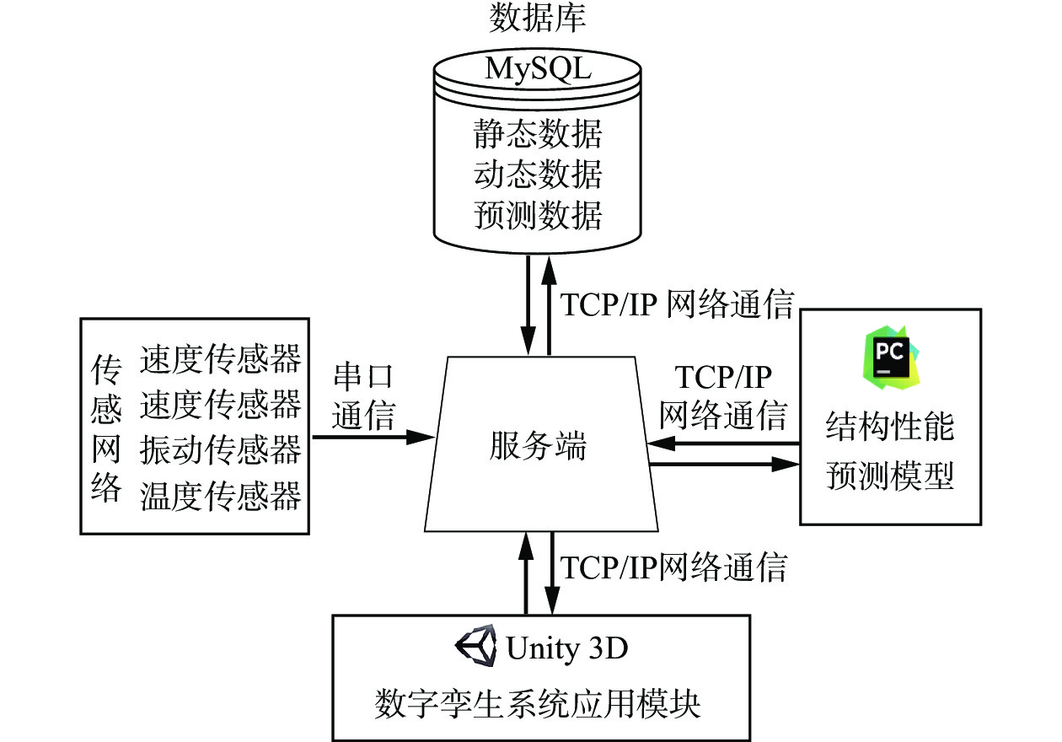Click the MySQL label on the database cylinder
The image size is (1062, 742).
pyautogui.click(x=538, y=69)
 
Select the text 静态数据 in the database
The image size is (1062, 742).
pyautogui.click(x=538, y=135)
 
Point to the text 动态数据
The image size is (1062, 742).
pyautogui.click(x=538, y=175)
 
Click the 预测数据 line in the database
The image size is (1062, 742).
pyautogui.click(x=538, y=216)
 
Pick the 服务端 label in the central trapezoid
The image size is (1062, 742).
pyautogui.click(x=538, y=447)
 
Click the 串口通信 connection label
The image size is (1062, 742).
pyautogui.click(x=363, y=396)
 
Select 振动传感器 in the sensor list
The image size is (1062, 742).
pyautogui.click(x=221, y=449)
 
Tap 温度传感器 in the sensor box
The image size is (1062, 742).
pyautogui.click(x=221, y=495)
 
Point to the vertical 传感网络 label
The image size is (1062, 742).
pyautogui.click(x=106, y=428)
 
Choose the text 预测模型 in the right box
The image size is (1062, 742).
pyautogui.click(x=890, y=476)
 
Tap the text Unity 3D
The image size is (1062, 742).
pyautogui.click(x=567, y=648)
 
